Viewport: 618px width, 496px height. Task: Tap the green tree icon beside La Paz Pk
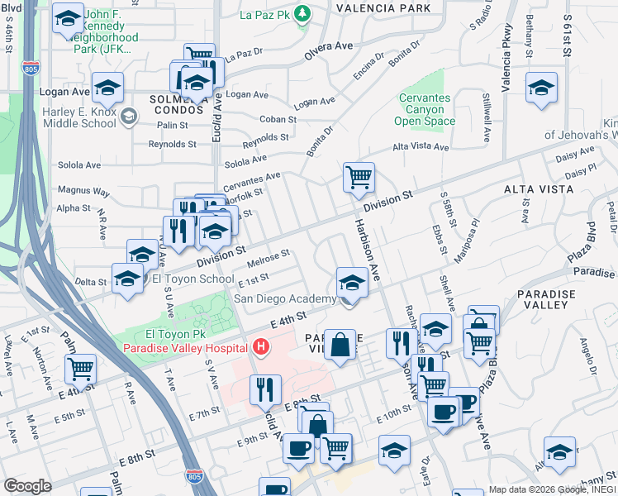(x=303, y=13)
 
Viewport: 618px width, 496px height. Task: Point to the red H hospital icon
(x=262, y=346)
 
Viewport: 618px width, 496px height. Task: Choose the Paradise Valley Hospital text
(x=188, y=348)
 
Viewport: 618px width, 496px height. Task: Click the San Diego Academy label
(x=284, y=299)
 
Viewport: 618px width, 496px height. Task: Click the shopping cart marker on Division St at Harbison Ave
(x=359, y=177)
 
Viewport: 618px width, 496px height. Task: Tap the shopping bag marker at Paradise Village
(x=340, y=345)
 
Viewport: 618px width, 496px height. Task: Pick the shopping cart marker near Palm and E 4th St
(x=80, y=369)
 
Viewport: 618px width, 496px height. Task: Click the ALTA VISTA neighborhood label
(x=539, y=189)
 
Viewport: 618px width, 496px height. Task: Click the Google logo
(x=27, y=485)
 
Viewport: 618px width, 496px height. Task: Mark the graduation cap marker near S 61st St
(x=541, y=89)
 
